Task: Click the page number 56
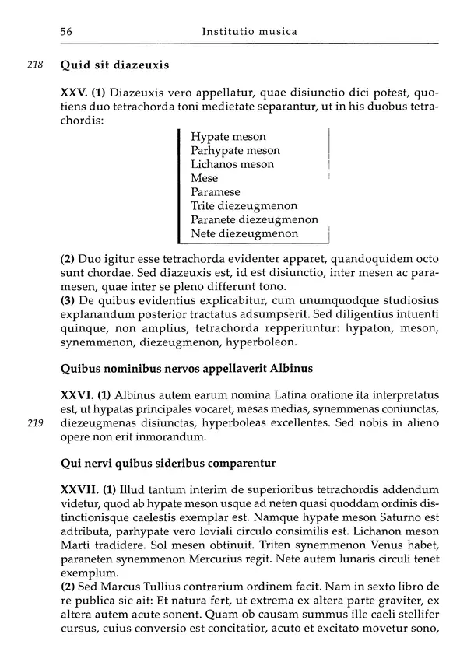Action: click(x=66, y=32)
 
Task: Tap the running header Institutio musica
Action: click(x=249, y=32)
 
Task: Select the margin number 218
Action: click(x=35, y=66)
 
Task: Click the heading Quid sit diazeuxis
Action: click(x=114, y=66)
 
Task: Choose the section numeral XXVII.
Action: click(x=79, y=489)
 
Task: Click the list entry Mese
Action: click(x=205, y=178)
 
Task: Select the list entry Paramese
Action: click(x=216, y=192)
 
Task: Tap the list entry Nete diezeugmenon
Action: click(x=244, y=233)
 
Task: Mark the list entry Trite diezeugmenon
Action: click(x=244, y=206)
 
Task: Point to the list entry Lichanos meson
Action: click(x=232, y=165)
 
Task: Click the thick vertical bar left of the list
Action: click(x=180, y=185)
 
